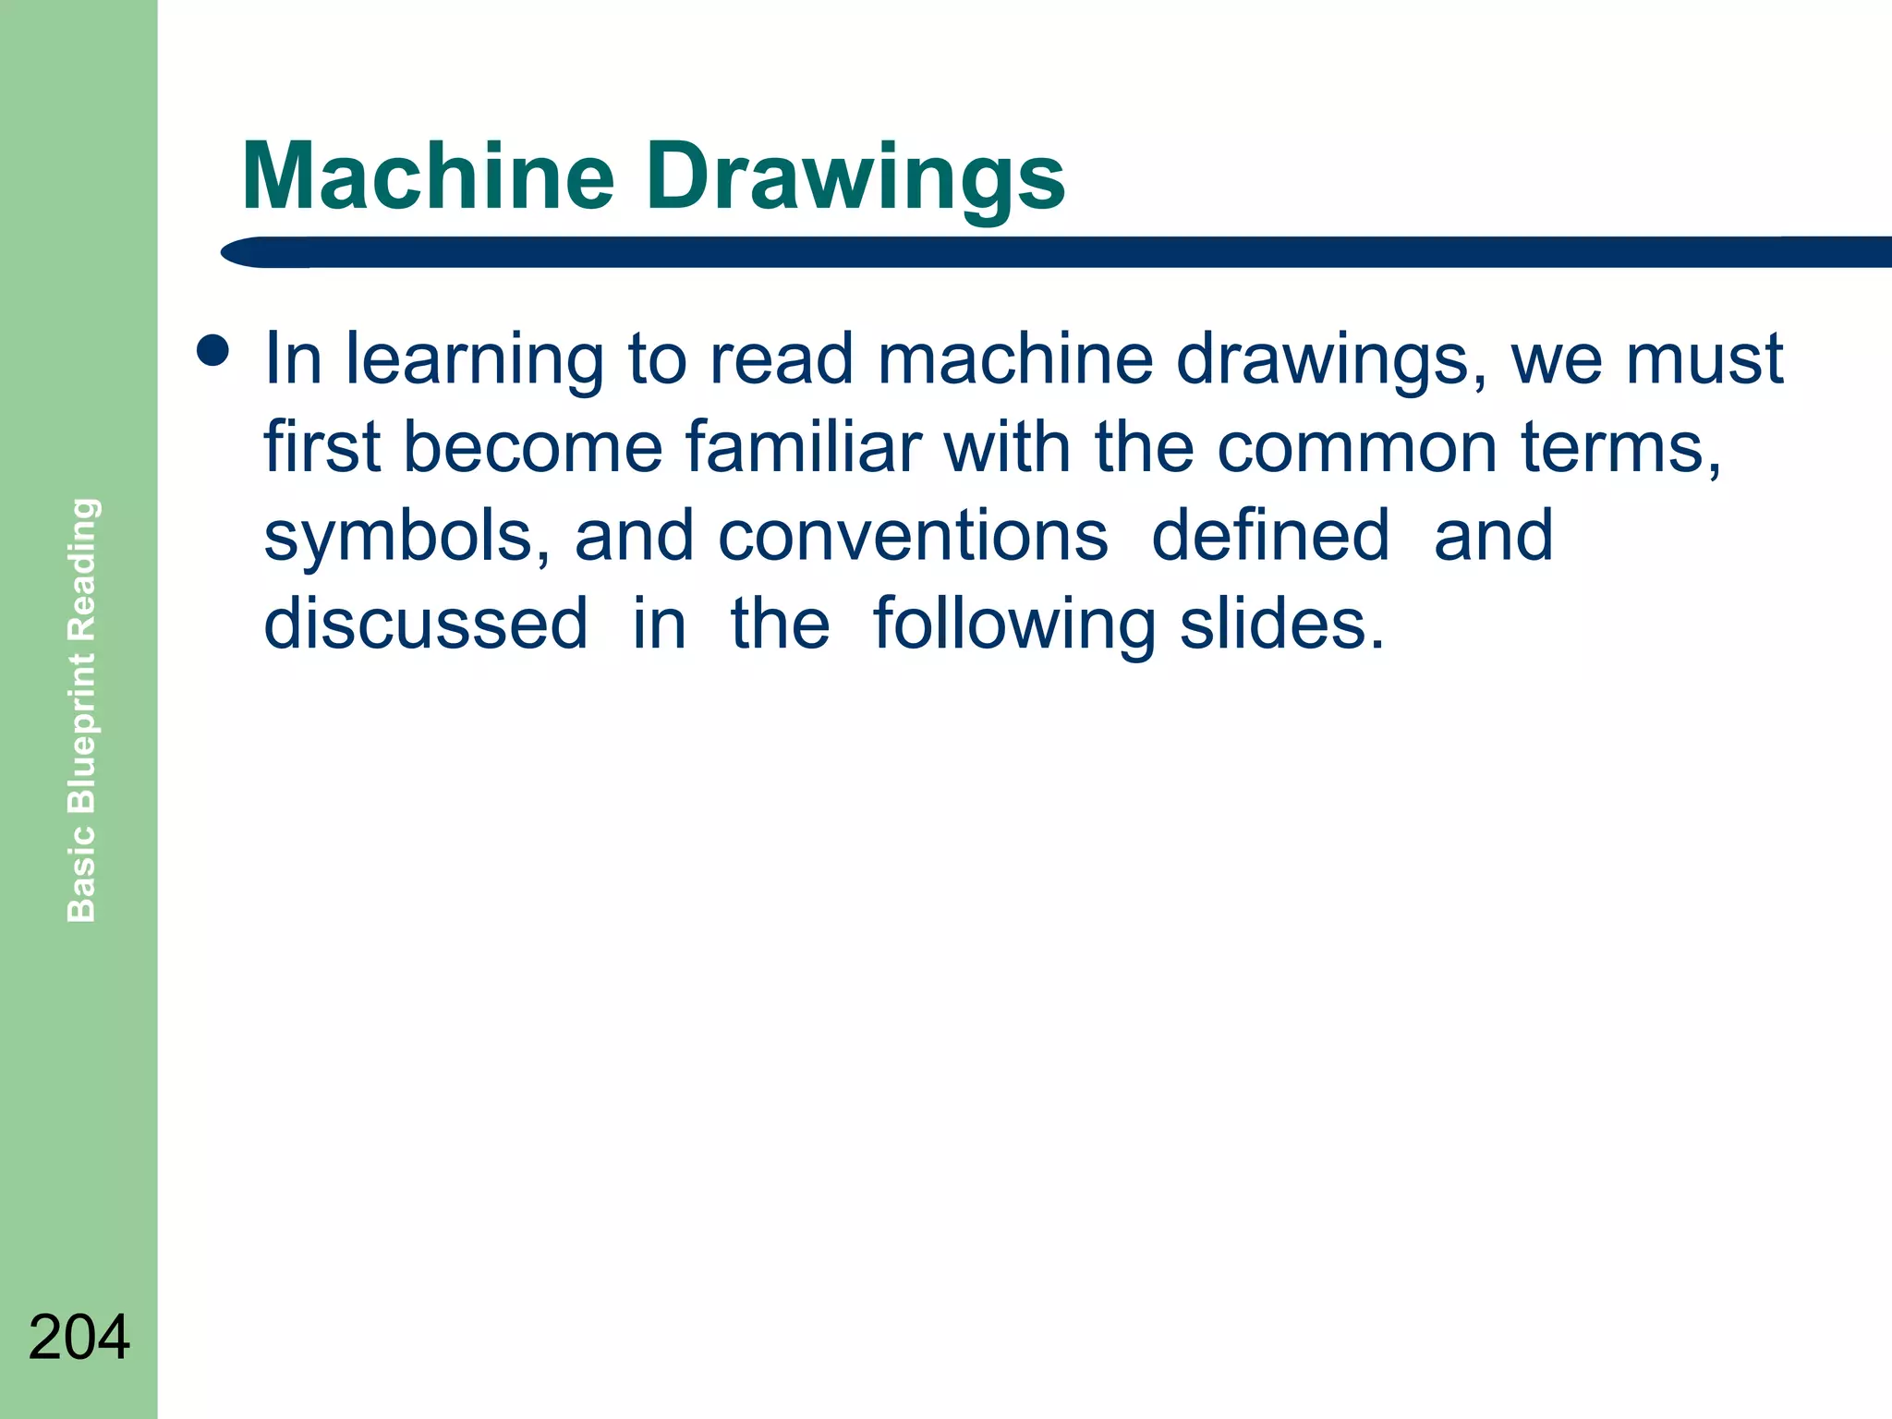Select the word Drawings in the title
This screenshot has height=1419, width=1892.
[x=855, y=179]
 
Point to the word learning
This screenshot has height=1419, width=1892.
[x=475, y=361]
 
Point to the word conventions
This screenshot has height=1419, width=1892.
[x=913, y=536]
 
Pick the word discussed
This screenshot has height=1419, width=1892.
[x=426, y=624]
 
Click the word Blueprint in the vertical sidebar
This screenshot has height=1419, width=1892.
[x=82, y=734]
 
